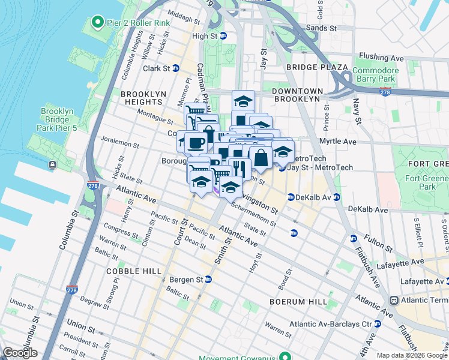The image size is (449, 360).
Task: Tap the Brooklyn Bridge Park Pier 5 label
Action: [58, 119]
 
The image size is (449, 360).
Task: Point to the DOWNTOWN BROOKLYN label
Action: [297, 94]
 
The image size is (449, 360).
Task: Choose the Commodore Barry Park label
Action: [376, 74]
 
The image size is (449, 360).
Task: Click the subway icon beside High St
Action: [223, 36]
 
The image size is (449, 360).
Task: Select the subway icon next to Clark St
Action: [176, 68]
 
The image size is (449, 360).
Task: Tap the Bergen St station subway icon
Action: [208, 280]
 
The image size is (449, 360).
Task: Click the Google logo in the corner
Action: [20, 353]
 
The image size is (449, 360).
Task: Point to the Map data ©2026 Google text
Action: [412, 355]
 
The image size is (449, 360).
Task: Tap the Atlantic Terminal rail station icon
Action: [394, 300]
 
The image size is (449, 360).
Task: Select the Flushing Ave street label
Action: [381, 58]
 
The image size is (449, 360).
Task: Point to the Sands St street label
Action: [321, 28]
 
